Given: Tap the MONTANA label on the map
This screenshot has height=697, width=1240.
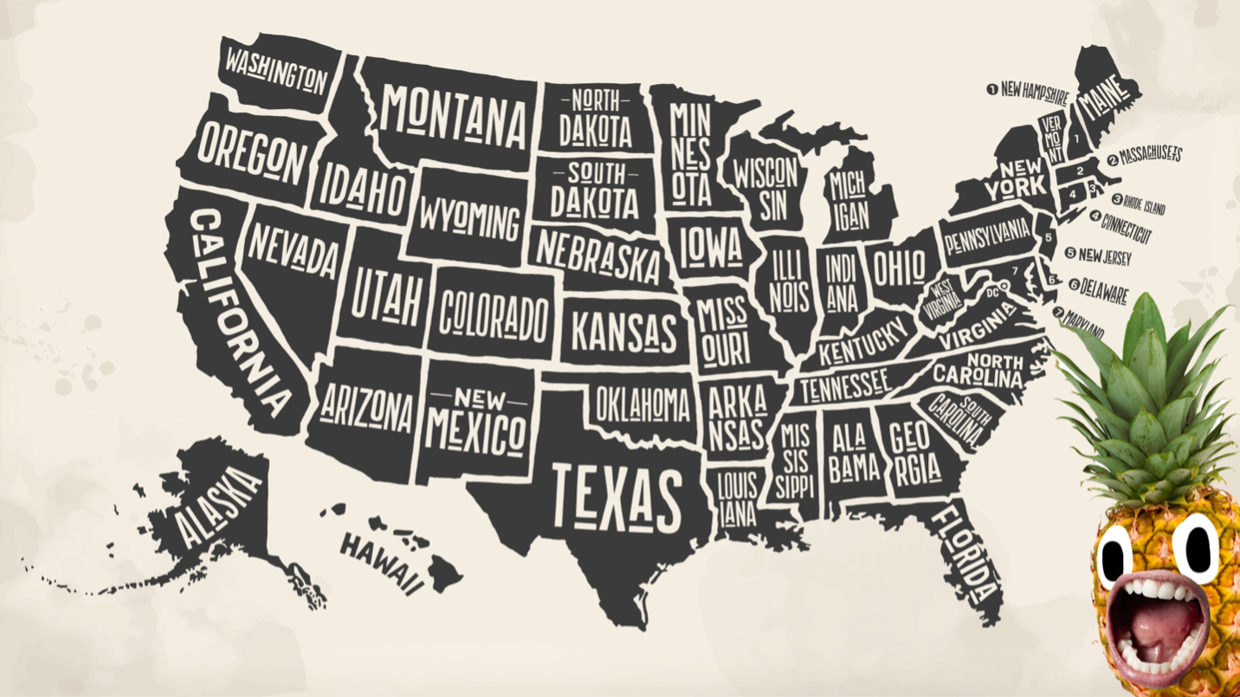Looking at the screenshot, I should (455, 115).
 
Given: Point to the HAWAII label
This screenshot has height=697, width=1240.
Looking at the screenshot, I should (382, 561).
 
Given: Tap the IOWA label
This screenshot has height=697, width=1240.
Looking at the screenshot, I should (709, 247).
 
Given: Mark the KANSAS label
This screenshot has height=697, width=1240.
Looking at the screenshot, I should (623, 330).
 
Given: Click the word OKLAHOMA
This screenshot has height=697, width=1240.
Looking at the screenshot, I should (643, 403).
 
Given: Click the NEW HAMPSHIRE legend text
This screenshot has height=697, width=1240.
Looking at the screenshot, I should (1034, 91).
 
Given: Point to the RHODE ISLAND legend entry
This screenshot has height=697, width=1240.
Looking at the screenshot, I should (1145, 203).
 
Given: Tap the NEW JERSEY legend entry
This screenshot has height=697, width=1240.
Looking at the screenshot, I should (1104, 255).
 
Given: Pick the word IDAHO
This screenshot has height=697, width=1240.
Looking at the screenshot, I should (363, 189).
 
